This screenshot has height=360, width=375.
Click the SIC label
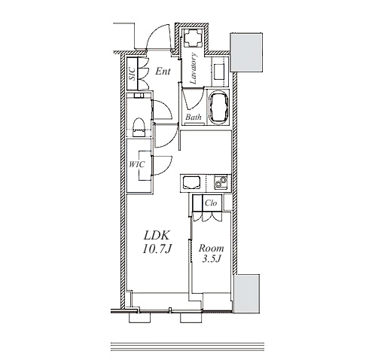133,74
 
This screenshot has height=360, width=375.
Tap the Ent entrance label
163,72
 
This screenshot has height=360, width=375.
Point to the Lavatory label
194,69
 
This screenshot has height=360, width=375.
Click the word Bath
194,117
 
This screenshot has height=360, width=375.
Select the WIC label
137,164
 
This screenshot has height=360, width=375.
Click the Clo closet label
211,203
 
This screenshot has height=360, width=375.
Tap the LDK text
157,236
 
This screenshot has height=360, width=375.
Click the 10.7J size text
157,249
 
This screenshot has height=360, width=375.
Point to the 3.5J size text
212,259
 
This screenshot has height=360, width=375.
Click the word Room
212,249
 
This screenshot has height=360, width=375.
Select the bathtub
219,107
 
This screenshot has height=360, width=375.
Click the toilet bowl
139,127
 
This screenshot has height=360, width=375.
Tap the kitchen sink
192,182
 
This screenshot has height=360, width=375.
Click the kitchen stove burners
221,182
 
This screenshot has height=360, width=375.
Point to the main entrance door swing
157,37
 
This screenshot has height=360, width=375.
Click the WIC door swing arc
163,166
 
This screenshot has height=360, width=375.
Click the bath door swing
193,99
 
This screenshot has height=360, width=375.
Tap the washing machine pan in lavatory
221,72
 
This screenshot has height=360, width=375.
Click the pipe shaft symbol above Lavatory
193,38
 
